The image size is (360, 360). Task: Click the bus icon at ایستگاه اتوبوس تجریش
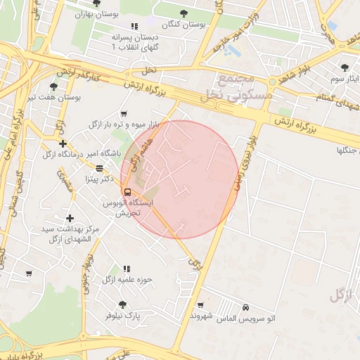(x=127, y=191)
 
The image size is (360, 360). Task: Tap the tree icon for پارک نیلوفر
(x=122, y=304)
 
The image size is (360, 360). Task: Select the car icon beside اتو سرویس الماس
(x=245, y=308)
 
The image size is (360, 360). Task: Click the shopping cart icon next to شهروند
(x=202, y=304)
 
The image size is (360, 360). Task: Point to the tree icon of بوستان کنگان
(x=184, y=13)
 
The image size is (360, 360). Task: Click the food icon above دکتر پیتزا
(x=99, y=169)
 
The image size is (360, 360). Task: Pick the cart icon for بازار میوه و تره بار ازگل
(x=124, y=114)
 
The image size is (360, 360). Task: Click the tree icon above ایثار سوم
(x=344, y=68)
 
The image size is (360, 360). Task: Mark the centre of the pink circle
(x=181, y=179)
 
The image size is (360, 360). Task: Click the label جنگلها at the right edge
(x=348, y=150)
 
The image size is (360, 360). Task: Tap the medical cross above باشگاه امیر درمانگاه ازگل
(x=63, y=143)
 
